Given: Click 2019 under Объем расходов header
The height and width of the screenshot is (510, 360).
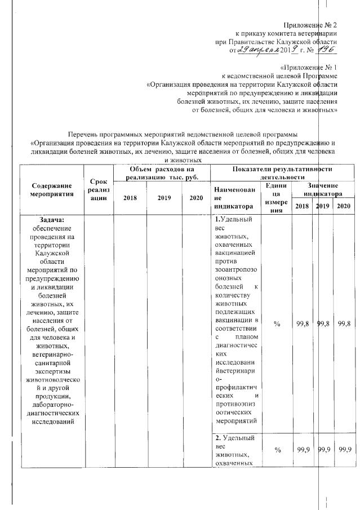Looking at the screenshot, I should pos(164,198).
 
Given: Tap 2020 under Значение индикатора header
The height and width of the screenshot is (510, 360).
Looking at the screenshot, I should pos(343,206).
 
